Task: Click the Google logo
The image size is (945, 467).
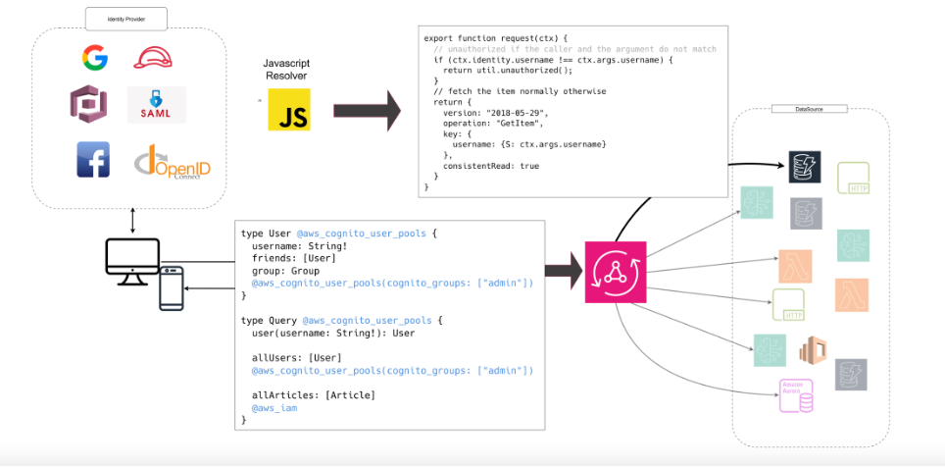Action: (x=95, y=59)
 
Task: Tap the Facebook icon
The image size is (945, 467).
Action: (x=93, y=160)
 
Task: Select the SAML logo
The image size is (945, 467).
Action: (x=157, y=105)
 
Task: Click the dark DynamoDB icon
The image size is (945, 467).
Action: (x=806, y=169)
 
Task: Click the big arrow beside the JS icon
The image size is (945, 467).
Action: (x=373, y=111)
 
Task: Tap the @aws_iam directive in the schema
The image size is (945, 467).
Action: (x=274, y=407)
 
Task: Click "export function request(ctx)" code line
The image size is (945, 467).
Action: (x=492, y=38)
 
